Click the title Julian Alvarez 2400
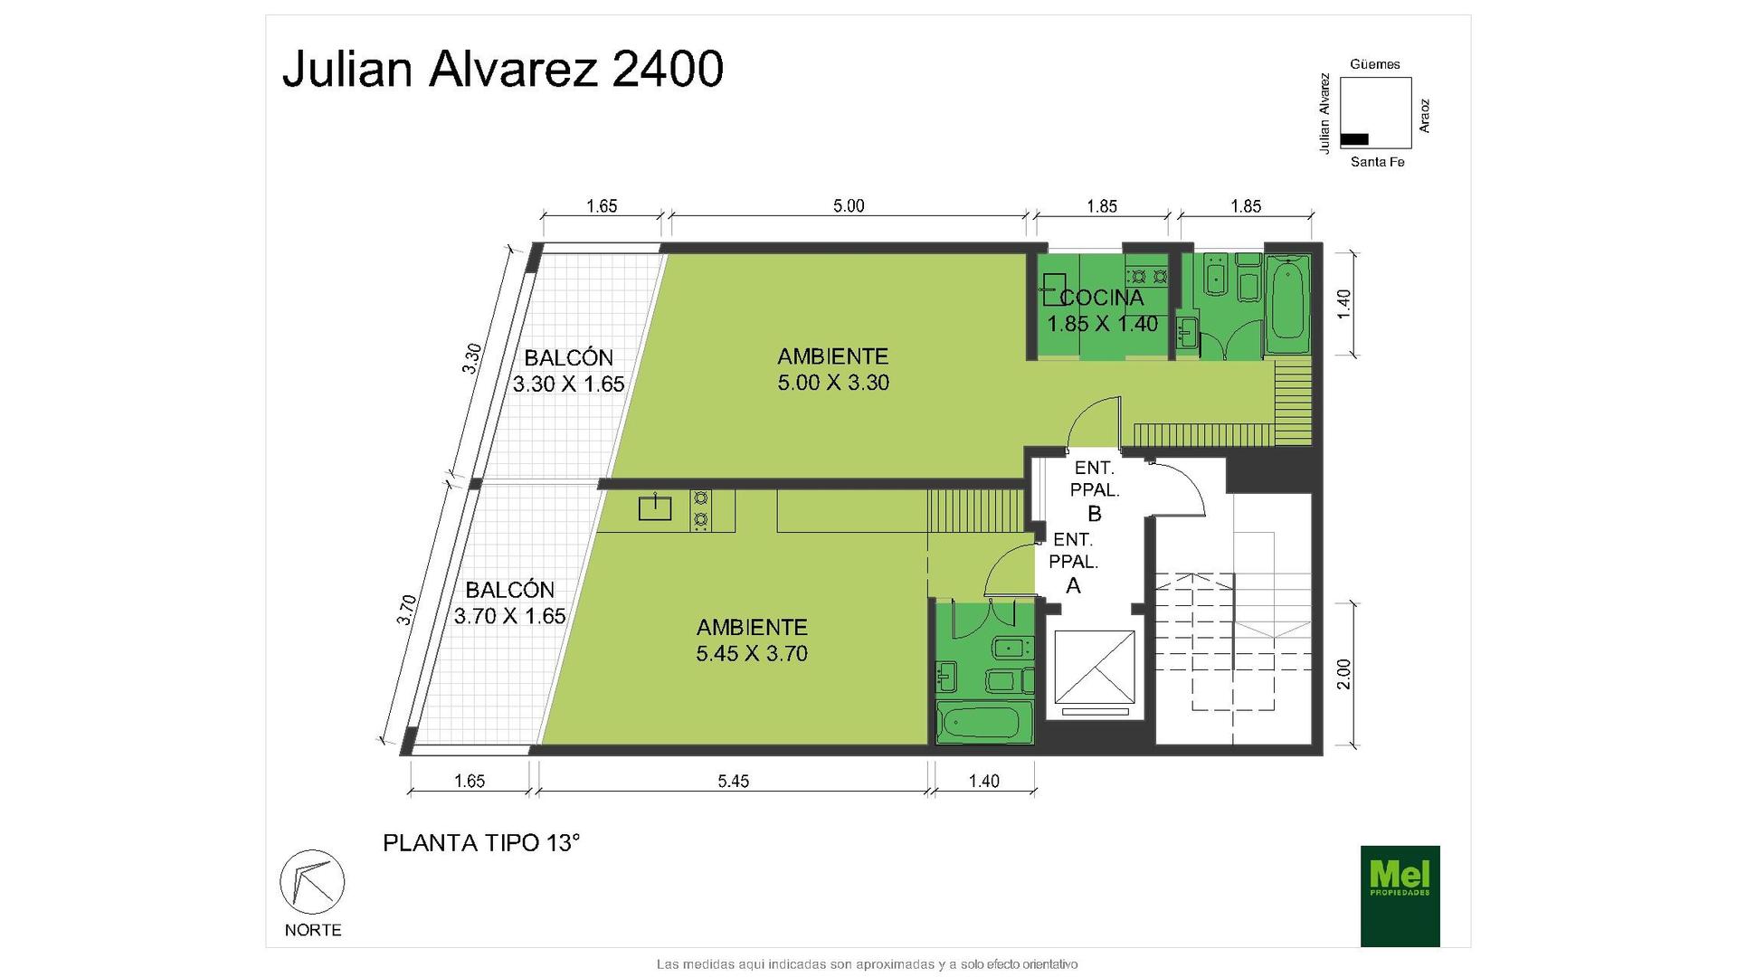(x=503, y=69)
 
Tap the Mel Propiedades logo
(x=1400, y=896)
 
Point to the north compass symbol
(x=312, y=881)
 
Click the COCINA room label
(x=1102, y=298)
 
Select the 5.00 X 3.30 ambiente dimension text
(x=833, y=383)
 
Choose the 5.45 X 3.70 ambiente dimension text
(x=752, y=653)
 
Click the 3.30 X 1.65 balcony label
(x=568, y=384)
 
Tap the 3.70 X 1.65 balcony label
(x=509, y=616)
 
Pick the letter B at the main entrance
(x=1095, y=514)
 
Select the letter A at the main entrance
(x=1074, y=585)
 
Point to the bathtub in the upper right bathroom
(x=1287, y=303)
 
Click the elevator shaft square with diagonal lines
(x=1095, y=667)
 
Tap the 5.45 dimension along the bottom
(x=734, y=781)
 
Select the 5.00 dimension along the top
(x=849, y=205)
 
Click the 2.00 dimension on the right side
(x=1343, y=674)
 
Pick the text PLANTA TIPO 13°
(x=481, y=843)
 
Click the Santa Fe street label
(x=1377, y=162)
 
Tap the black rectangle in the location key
(x=1354, y=139)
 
